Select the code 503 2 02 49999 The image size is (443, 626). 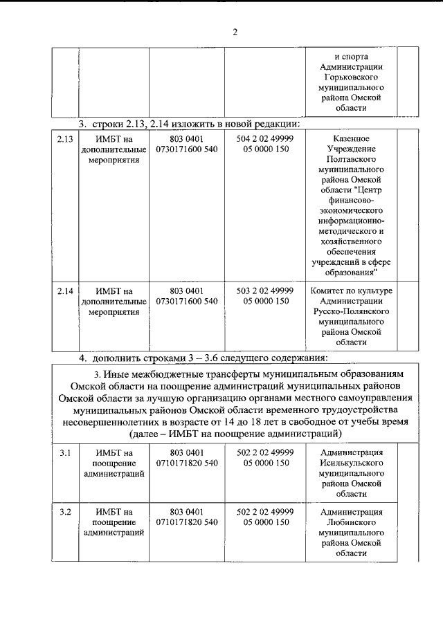coord(265,291)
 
